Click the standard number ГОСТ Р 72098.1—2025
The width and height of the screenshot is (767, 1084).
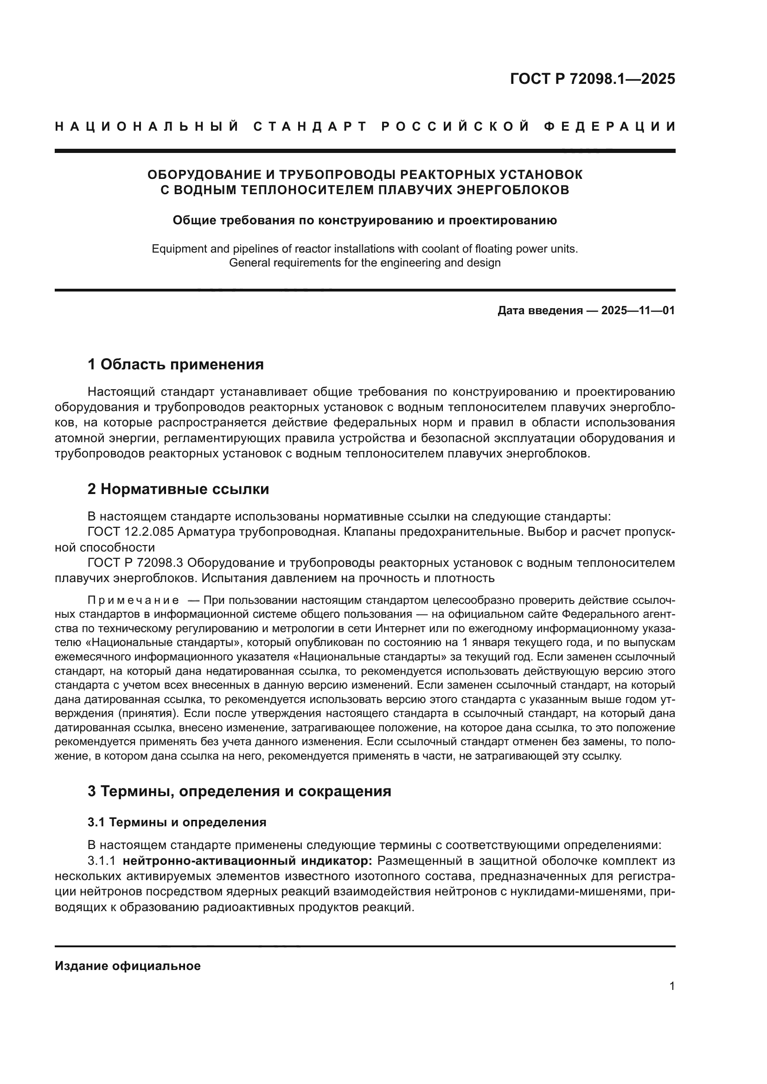click(592, 79)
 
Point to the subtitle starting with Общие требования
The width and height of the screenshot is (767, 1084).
click(364, 221)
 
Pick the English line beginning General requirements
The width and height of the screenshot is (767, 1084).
click(364, 263)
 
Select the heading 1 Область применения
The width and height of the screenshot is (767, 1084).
click(175, 364)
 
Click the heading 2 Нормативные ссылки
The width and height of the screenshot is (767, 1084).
click(178, 489)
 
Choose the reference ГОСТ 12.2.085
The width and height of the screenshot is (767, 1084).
click(131, 532)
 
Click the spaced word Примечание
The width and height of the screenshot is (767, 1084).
click(134, 601)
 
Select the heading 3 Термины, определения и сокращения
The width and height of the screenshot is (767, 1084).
click(239, 791)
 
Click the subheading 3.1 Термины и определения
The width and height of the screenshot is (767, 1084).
click(177, 823)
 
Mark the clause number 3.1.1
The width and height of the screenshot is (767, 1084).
click(102, 861)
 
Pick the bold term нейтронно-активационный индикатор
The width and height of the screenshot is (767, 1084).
click(248, 861)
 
